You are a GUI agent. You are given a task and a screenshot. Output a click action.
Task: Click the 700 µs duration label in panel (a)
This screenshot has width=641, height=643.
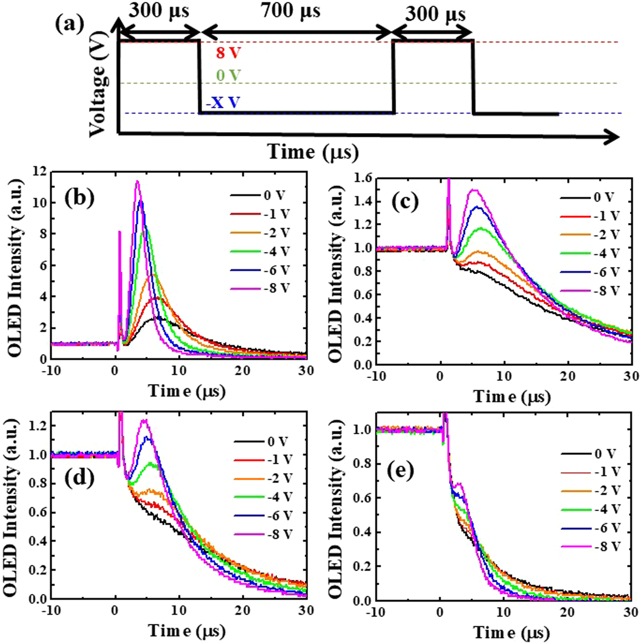click(291, 10)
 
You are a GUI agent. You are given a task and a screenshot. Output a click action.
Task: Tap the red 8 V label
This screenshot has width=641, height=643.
click(229, 53)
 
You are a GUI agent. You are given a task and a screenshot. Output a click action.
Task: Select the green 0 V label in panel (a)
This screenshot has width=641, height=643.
click(229, 75)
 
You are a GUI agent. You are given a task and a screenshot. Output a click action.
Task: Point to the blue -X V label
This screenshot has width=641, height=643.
click(223, 103)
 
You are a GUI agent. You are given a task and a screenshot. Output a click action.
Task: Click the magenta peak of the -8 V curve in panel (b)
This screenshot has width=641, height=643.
click(137, 182)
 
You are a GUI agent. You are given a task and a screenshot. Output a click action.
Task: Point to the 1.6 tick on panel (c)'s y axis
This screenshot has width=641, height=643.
click(364, 178)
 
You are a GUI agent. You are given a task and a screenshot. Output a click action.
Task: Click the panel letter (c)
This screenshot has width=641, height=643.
click(405, 202)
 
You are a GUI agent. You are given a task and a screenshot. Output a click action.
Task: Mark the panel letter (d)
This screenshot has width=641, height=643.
click(80, 478)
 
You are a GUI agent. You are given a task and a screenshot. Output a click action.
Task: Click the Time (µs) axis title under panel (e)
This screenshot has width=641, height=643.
click(511, 632)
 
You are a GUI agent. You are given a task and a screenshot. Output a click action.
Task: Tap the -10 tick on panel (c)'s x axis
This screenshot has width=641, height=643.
click(377, 376)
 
